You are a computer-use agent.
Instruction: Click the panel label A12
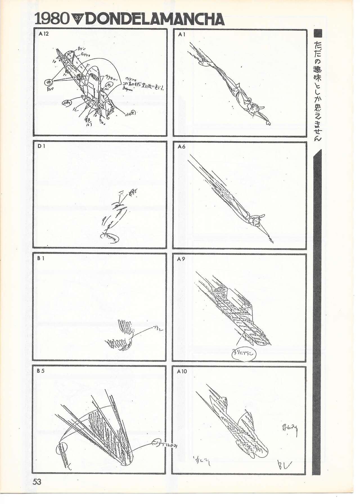pyautogui.click(x=44, y=34)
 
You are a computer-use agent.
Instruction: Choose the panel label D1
pyautogui.click(x=41, y=146)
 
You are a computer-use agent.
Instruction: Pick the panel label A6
pyautogui.click(x=182, y=146)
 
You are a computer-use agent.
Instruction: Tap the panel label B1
pyautogui.click(x=41, y=258)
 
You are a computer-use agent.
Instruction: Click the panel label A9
pyautogui.click(x=181, y=259)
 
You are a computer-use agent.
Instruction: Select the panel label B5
pyautogui.click(x=41, y=371)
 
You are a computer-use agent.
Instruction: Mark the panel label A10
pyautogui.click(x=182, y=371)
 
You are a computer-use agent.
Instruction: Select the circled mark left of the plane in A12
pyautogui.click(x=49, y=82)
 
